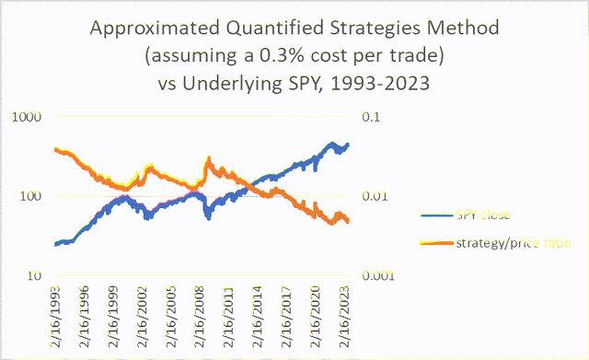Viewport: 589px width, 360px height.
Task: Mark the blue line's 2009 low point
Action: click(x=209, y=217)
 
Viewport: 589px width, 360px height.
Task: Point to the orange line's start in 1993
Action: click(x=56, y=149)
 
